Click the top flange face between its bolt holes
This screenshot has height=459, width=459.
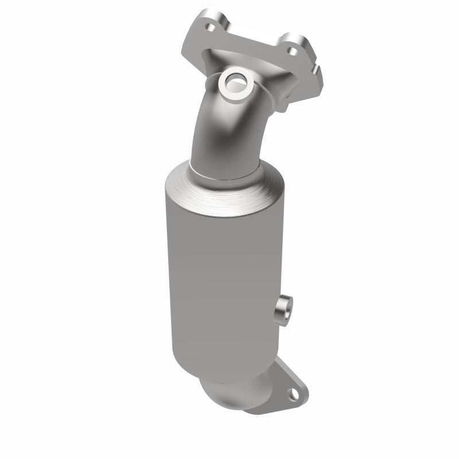(252, 34)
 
